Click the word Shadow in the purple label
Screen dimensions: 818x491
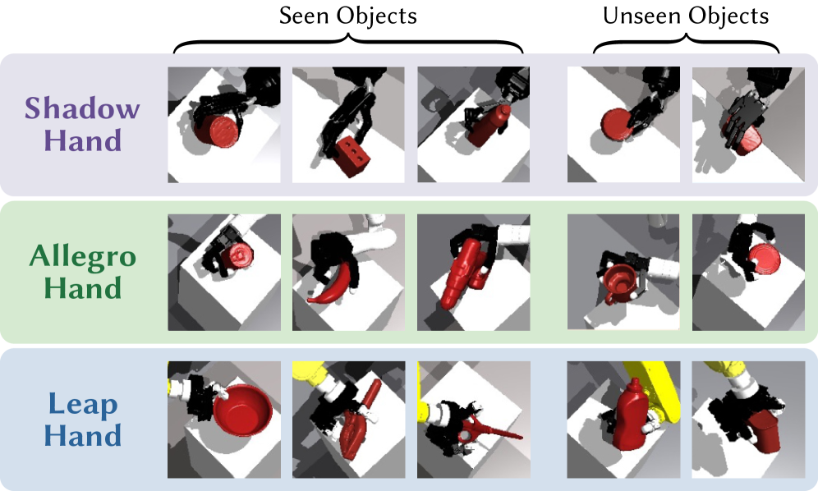click(x=82, y=108)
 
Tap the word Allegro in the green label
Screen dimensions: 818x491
click(x=82, y=257)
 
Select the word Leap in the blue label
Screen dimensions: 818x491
click(x=82, y=405)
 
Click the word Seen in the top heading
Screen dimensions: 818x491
click(x=306, y=16)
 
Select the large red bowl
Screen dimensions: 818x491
click(x=242, y=410)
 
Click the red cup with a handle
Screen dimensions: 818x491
click(x=618, y=281)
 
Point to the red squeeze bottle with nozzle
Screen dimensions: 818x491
click(x=631, y=415)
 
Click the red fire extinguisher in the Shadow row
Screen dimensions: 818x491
click(x=489, y=126)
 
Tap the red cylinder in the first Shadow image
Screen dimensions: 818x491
click(x=216, y=131)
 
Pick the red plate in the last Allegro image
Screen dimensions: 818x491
click(x=765, y=259)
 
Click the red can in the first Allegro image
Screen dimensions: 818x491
click(x=237, y=255)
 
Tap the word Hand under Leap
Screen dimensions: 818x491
click(x=82, y=435)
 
